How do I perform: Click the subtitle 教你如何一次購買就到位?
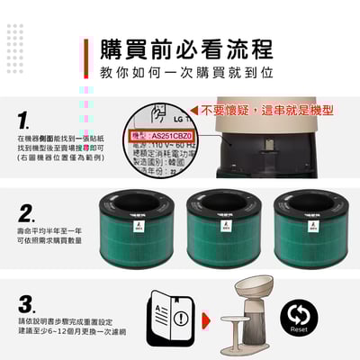pyautogui.click(x=174, y=72)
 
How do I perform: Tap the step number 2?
pyautogui.click(x=27, y=213)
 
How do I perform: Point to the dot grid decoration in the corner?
pyautogui.click(x=14, y=36)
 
